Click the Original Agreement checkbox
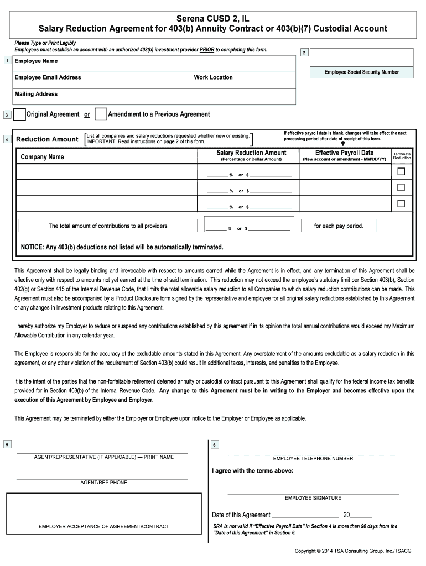point(19,114)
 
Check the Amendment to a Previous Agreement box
point(101,114)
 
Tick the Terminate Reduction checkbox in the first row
point(401,171)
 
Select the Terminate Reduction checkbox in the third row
point(401,203)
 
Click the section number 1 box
point(6,61)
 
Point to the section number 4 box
point(6,139)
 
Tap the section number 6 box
point(215,445)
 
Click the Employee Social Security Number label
point(361,72)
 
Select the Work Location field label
point(213,77)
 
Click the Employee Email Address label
point(48,77)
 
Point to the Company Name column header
point(42,157)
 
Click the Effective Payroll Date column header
point(344,153)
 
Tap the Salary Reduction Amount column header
point(251,153)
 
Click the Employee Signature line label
point(313,498)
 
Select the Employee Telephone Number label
point(313,458)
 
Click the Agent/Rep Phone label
point(103,483)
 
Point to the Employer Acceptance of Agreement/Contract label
point(103,526)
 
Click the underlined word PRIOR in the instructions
point(207,50)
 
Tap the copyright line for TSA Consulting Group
point(354,551)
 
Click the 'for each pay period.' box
point(339,226)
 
